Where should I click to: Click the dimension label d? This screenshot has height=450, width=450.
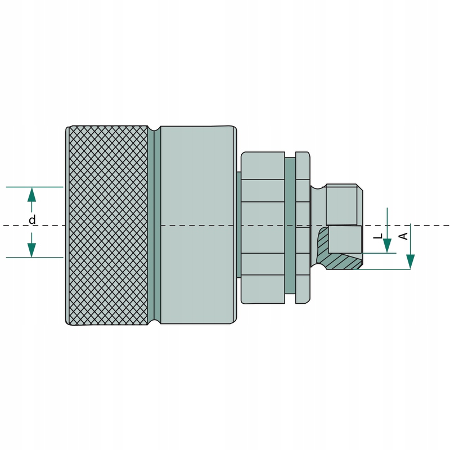click(32, 220)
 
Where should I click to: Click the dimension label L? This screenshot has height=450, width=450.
click(378, 236)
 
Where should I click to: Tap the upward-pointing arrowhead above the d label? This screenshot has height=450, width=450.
click(32, 195)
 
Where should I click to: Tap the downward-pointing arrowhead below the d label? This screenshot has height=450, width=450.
click(32, 249)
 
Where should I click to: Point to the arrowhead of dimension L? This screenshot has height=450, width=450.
click(387, 245)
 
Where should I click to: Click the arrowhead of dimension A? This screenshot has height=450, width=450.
click(411, 261)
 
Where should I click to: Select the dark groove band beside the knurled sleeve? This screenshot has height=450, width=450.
click(157, 225)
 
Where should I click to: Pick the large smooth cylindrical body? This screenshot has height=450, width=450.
click(197, 225)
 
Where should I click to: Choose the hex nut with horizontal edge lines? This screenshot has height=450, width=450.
click(263, 225)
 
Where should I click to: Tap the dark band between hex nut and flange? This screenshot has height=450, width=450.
click(290, 225)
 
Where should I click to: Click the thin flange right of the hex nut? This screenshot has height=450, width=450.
click(303, 225)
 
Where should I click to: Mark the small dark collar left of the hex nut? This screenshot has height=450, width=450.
click(238, 225)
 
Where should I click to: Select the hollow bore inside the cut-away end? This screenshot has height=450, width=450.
click(345, 239)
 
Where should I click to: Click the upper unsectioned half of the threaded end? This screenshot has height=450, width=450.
click(342, 204)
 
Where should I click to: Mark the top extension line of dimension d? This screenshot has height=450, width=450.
click(34, 187)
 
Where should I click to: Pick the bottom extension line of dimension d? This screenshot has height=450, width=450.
click(34, 258)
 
